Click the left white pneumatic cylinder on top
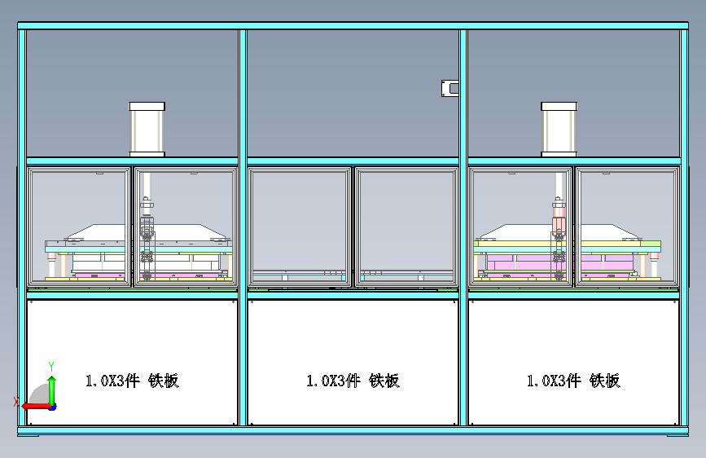tap(147, 130)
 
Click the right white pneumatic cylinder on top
tap(559, 130)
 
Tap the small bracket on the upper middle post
tap(449, 88)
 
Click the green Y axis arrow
tap(52, 390)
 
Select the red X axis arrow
tap(37, 406)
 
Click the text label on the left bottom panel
tap(133, 381)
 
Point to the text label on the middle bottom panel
tap(353, 381)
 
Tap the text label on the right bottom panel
tap(573, 381)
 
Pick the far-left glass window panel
tap(79, 227)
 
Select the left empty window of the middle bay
tap(300, 227)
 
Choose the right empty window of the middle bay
tap(406, 227)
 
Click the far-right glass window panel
tap(627, 227)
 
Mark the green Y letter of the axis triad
tap(51, 367)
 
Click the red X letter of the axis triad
tap(16, 402)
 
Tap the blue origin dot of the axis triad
tap(53, 407)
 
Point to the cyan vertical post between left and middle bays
tap(243, 227)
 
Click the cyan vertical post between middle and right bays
tap(463, 227)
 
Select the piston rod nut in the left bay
tap(147, 205)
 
